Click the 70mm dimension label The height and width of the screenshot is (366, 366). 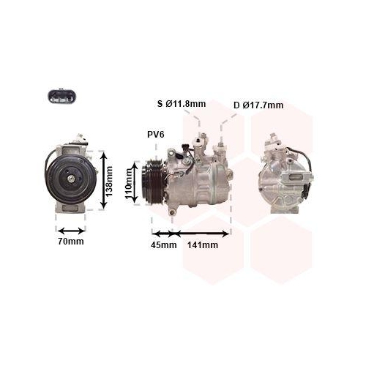pyautogui.click(x=71, y=242)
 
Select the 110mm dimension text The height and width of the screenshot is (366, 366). pyautogui.click(x=129, y=184)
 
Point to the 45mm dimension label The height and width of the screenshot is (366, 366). pyautogui.click(x=164, y=244)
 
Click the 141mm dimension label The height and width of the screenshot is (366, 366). pyautogui.click(x=203, y=244)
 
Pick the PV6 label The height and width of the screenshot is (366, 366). pyautogui.click(x=157, y=135)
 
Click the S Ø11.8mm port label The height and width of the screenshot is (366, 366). pyautogui.click(x=182, y=104)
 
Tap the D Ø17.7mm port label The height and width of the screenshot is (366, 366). pyautogui.click(x=258, y=105)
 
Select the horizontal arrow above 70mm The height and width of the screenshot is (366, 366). pyautogui.click(x=71, y=228)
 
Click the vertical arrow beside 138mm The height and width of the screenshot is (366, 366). pyautogui.click(x=104, y=180)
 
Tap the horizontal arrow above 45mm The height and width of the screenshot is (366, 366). pyautogui.click(x=163, y=234)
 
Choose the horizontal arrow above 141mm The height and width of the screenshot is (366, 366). pyautogui.click(x=203, y=234)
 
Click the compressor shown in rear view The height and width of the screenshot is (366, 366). pyautogui.click(x=282, y=176)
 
